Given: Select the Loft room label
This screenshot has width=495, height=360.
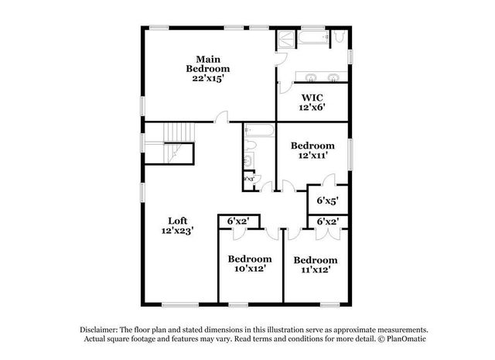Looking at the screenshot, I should click(x=177, y=225).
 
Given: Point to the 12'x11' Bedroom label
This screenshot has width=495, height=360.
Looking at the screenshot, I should click(x=312, y=150).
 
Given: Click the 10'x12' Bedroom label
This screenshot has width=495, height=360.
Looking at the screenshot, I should click(x=250, y=263).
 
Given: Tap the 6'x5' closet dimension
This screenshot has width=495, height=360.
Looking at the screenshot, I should click(x=327, y=201).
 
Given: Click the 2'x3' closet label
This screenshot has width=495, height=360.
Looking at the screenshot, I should click(x=249, y=179).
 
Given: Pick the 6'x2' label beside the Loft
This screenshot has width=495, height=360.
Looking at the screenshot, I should click(x=237, y=221).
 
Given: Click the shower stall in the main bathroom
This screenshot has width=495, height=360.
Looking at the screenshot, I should click(x=285, y=40).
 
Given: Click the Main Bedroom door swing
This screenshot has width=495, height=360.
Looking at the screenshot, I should click(x=222, y=117).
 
